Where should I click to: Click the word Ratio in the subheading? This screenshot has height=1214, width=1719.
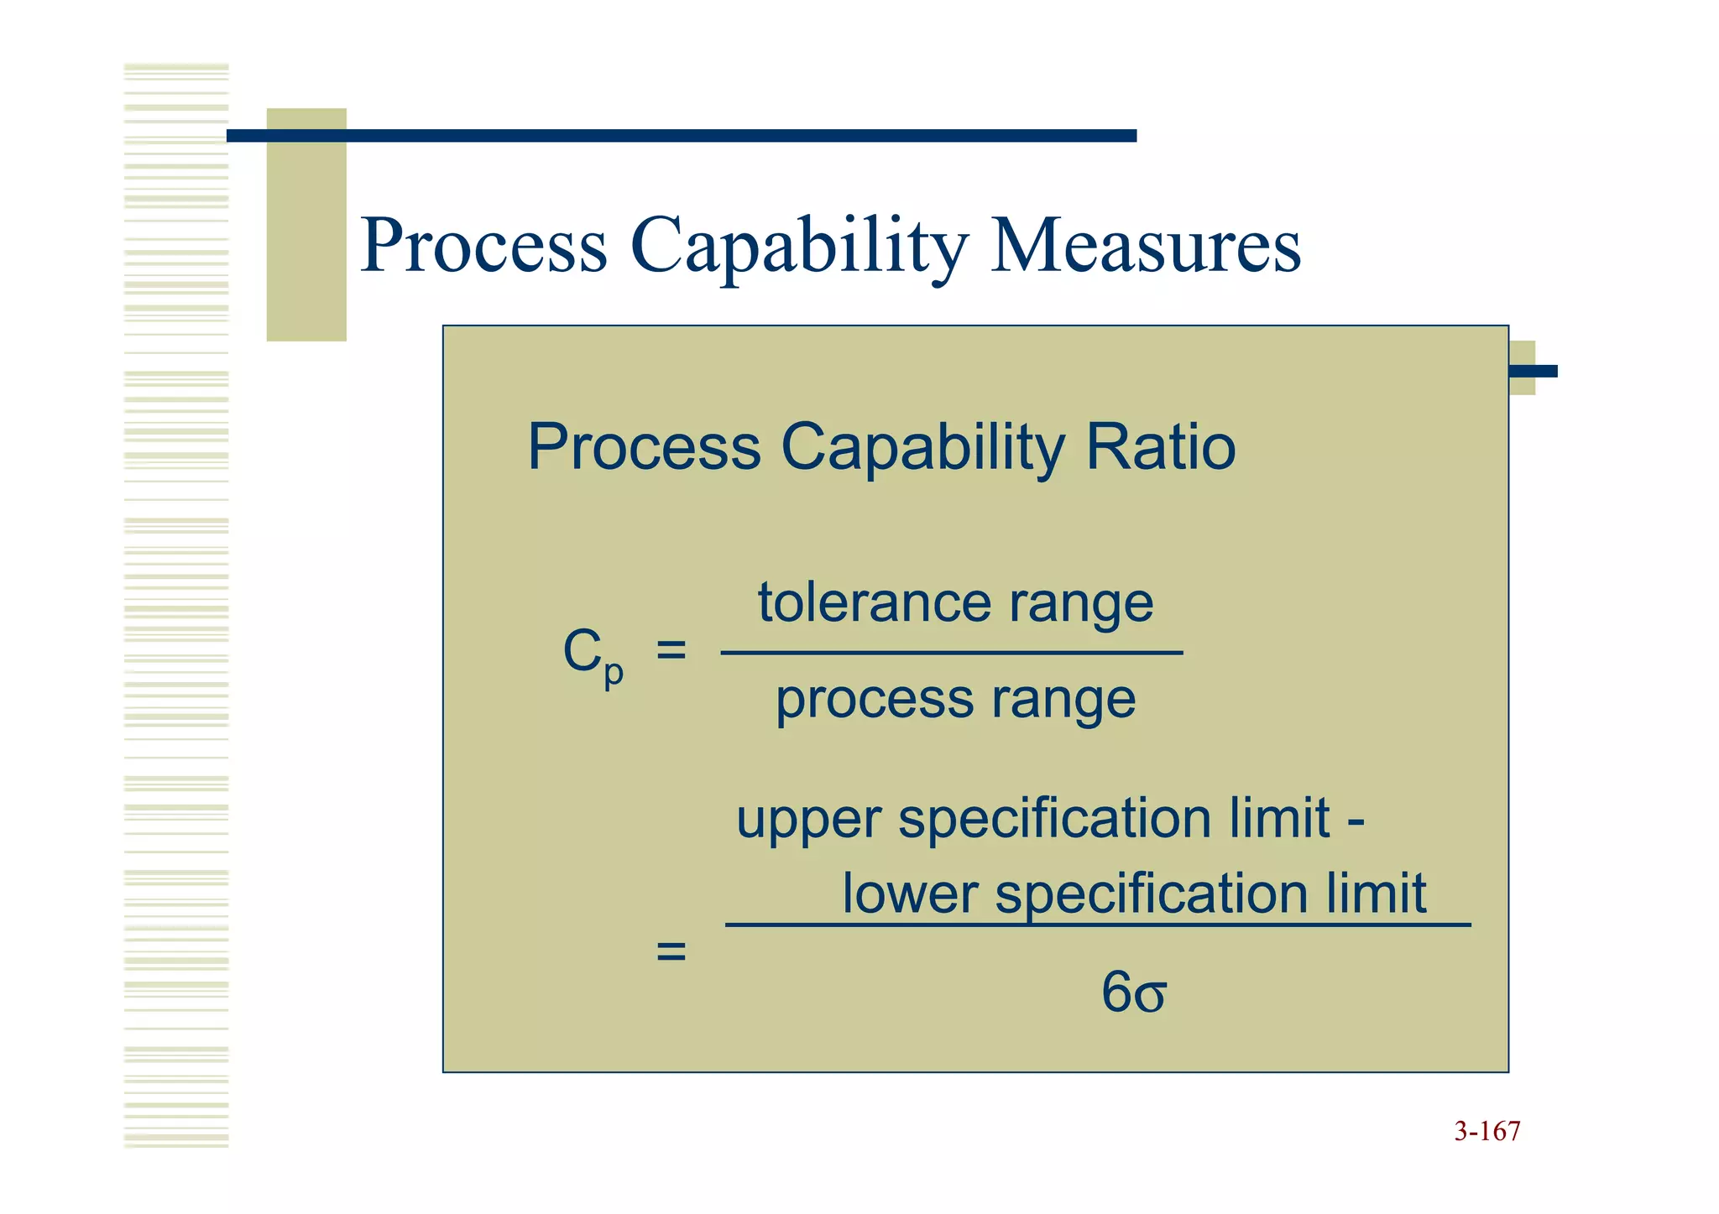1160,446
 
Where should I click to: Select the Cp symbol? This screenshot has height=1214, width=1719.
592,655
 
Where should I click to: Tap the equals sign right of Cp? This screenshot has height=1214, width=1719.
671,649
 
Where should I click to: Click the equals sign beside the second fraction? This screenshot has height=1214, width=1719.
671,951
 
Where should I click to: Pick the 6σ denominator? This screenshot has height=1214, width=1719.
1133,993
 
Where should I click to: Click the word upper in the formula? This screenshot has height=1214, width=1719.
808,820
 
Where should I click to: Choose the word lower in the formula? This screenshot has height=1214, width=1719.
910,893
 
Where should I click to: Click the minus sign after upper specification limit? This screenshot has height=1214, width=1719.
1356,821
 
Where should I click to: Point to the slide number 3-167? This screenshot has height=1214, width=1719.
1486,1132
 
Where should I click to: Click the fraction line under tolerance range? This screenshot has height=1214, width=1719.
952,652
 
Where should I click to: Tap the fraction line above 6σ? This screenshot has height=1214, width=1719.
1098,925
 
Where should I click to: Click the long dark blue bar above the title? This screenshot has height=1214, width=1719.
682,136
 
